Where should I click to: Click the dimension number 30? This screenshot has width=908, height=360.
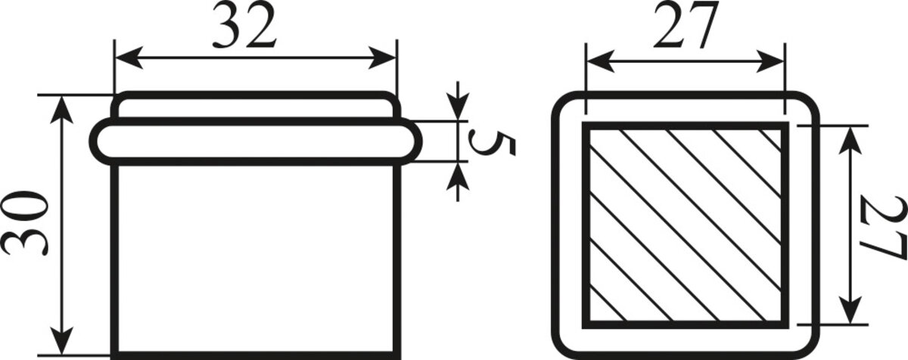tap(25, 224)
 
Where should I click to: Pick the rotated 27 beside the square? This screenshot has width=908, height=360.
tap(883, 228)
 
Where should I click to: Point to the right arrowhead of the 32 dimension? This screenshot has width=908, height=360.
tap(381, 57)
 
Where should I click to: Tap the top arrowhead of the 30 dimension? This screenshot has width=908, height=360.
tap(61, 110)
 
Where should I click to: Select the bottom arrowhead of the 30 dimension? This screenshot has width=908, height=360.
tap(61, 340)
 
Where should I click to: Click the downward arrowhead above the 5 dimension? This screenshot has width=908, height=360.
tap(458, 107)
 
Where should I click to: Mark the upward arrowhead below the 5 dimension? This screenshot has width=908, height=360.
tap(458, 175)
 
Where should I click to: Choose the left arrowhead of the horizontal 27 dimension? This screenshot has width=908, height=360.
tap(600, 61)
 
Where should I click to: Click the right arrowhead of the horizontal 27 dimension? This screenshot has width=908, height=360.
tap(770, 61)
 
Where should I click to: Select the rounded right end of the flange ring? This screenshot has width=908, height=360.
tap(415, 141)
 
